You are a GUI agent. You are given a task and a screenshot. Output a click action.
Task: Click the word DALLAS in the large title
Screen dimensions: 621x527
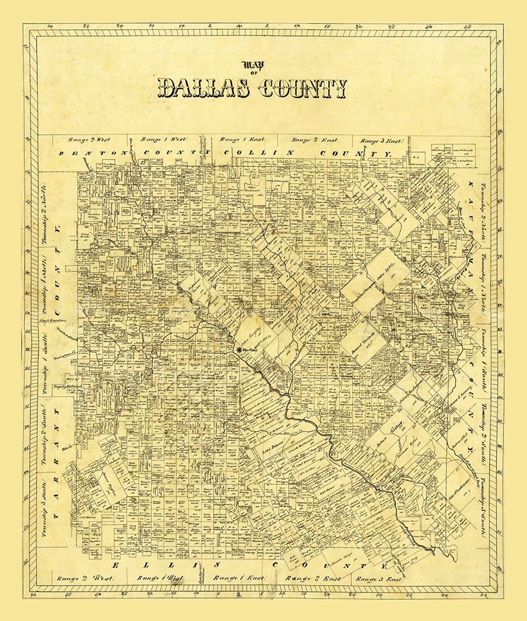tap(202, 89)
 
